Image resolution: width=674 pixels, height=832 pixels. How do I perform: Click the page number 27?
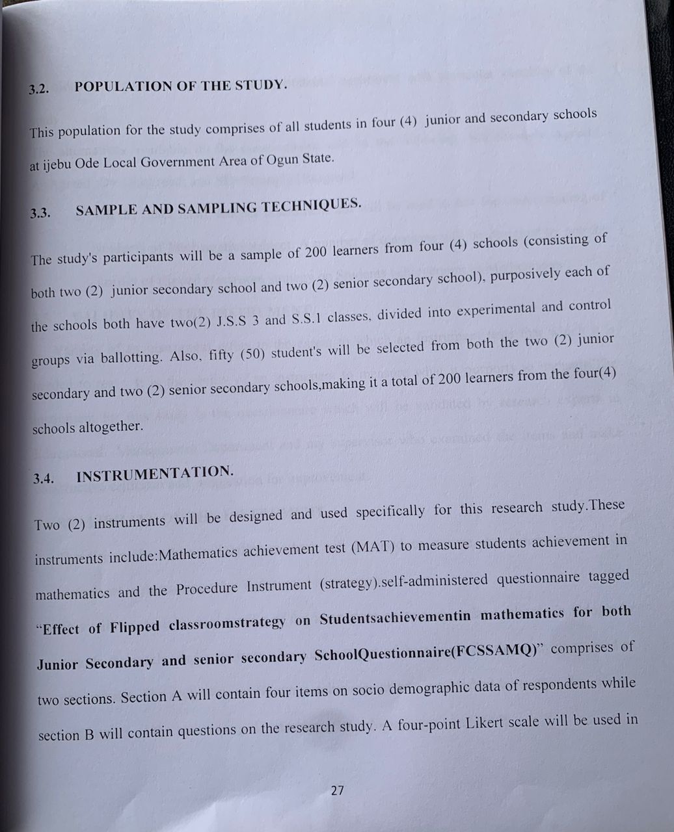[x=337, y=790]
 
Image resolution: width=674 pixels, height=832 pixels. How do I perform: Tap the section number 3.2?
[x=39, y=90]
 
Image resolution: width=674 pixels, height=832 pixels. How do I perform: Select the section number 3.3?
[x=40, y=213]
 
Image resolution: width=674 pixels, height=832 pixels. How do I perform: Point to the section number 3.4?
[x=44, y=479]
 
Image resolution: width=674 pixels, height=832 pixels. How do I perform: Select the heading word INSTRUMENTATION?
[x=155, y=474]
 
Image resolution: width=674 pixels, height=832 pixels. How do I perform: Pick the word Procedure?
[x=207, y=588]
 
